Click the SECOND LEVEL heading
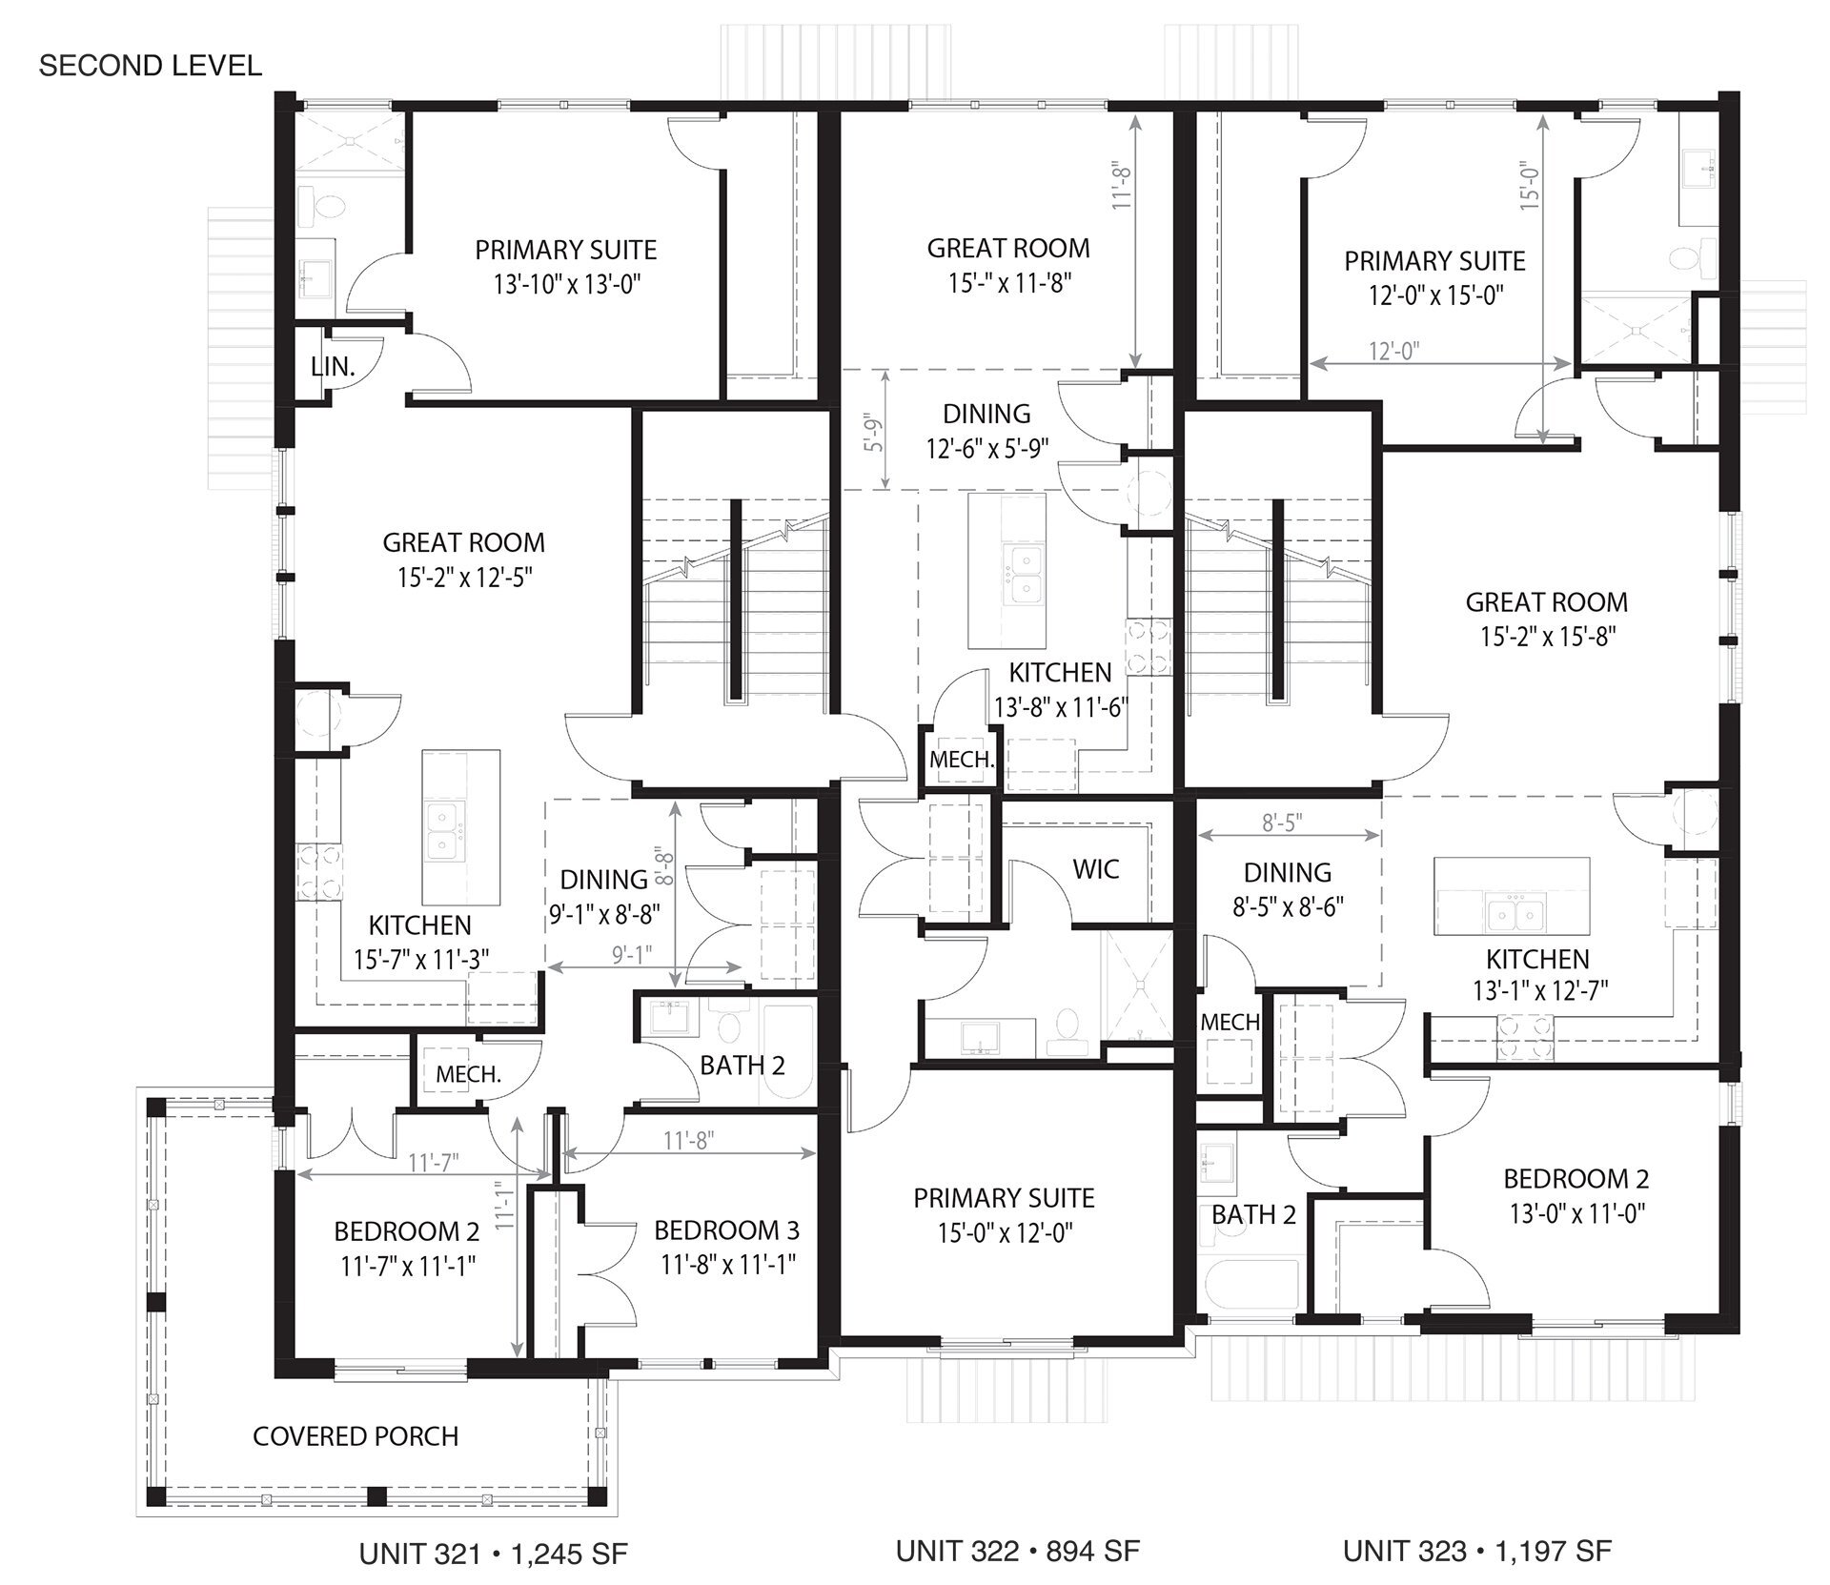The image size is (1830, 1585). (150, 66)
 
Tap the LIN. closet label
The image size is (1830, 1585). (333, 366)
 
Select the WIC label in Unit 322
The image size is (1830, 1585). (1095, 868)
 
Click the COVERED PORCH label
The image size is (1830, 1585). (356, 1436)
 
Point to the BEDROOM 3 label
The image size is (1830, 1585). (726, 1229)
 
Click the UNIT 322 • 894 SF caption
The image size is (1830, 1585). (1017, 1551)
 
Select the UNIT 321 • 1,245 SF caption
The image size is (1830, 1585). (493, 1555)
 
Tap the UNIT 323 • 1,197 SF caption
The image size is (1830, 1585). (1476, 1551)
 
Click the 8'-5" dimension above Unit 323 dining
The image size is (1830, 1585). (1282, 823)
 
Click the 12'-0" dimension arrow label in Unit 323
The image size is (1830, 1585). (1393, 352)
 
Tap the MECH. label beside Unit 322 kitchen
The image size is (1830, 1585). (962, 760)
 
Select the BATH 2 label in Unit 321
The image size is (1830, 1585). (742, 1066)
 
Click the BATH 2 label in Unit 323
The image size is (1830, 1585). (1253, 1214)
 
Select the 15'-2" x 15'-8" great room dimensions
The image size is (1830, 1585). (1547, 637)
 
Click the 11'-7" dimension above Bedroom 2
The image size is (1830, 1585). (434, 1162)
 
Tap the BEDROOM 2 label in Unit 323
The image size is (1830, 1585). (1576, 1178)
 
